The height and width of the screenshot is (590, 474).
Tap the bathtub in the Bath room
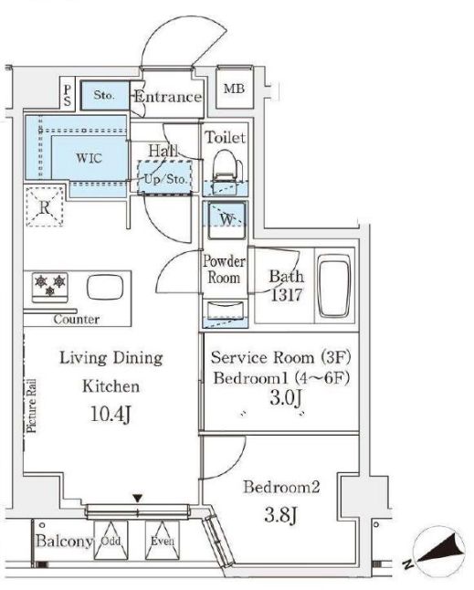(334, 286)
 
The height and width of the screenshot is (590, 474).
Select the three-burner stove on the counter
(50, 287)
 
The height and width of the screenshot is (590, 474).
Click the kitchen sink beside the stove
(105, 288)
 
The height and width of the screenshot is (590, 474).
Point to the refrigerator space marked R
(45, 207)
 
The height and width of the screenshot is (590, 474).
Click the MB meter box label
(234, 90)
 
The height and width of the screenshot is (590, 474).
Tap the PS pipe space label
(68, 95)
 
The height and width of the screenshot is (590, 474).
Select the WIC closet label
(89, 158)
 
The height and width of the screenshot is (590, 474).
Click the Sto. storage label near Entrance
(104, 95)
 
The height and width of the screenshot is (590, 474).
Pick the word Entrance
(168, 97)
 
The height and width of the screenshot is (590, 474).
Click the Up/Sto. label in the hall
(165, 179)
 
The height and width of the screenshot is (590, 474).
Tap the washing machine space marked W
(226, 219)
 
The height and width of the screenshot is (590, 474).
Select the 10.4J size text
(111, 414)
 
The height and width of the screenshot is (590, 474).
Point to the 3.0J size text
(286, 398)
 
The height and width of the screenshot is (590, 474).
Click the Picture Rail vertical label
(32, 406)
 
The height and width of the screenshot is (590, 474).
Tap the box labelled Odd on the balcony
(111, 541)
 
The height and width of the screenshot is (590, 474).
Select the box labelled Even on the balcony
(163, 541)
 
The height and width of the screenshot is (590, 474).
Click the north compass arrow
(440, 550)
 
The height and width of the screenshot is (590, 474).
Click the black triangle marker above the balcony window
(138, 499)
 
